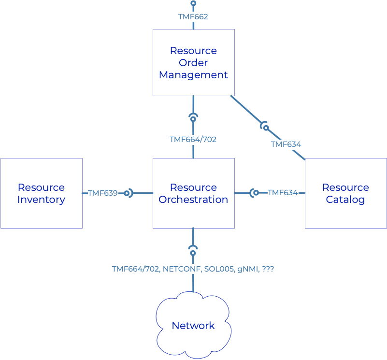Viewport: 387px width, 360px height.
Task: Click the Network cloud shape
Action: (x=193, y=326)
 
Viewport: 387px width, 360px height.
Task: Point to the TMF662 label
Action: (x=193, y=16)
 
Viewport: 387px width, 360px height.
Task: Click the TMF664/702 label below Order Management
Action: (x=193, y=139)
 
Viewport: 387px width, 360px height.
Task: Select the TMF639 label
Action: (x=102, y=193)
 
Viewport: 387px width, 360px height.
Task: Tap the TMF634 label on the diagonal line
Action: (x=286, y=144)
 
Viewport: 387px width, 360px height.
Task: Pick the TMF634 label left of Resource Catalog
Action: (x=283, y=192)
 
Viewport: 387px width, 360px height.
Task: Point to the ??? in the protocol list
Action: (x=267, y=269)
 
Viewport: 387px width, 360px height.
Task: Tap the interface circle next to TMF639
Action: (x=127, y=193)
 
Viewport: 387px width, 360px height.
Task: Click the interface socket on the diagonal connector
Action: (x=265, y=127)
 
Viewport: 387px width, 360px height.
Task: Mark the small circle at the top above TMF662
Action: (x=193, y=3)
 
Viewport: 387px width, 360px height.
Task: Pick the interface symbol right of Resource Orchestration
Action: (x=255, y=193)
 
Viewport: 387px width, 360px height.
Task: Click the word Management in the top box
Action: (x=193, y=75)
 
